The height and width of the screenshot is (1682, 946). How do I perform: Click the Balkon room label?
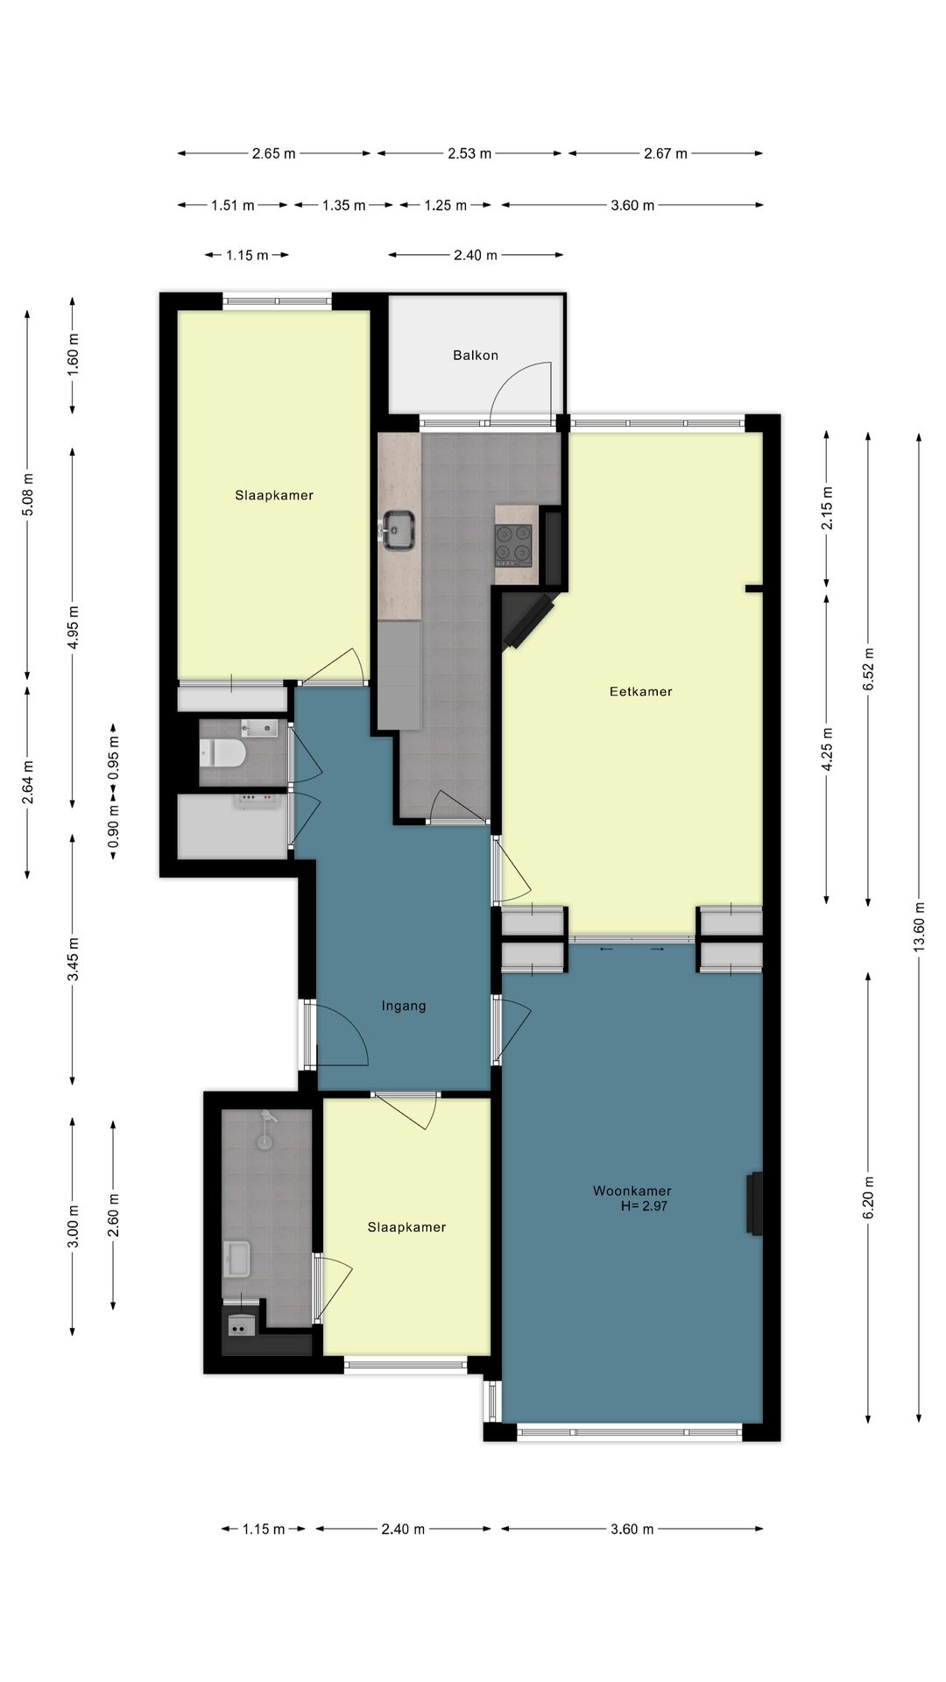(476, 355)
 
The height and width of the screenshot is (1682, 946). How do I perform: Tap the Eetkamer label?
(641, 691)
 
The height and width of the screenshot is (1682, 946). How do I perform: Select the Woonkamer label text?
(632, 1191)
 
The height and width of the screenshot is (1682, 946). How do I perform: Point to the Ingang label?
(404, 1006)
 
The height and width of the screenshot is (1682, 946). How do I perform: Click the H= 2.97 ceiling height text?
(644, 1205)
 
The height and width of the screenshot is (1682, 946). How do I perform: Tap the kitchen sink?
(398, 529)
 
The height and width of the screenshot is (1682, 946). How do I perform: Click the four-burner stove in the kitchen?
(513, 545)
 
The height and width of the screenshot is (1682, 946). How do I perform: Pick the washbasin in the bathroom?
(236, 1259)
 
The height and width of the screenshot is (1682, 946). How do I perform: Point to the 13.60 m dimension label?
(919, 927)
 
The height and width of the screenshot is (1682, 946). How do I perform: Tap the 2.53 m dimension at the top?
(469, 153)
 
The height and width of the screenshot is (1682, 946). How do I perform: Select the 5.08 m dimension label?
(28, 495)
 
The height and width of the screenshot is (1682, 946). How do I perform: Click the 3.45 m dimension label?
(73, 959)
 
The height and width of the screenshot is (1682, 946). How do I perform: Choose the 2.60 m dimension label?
(113, 1215)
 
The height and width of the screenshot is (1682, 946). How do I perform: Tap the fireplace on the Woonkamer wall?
(754, 1204)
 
